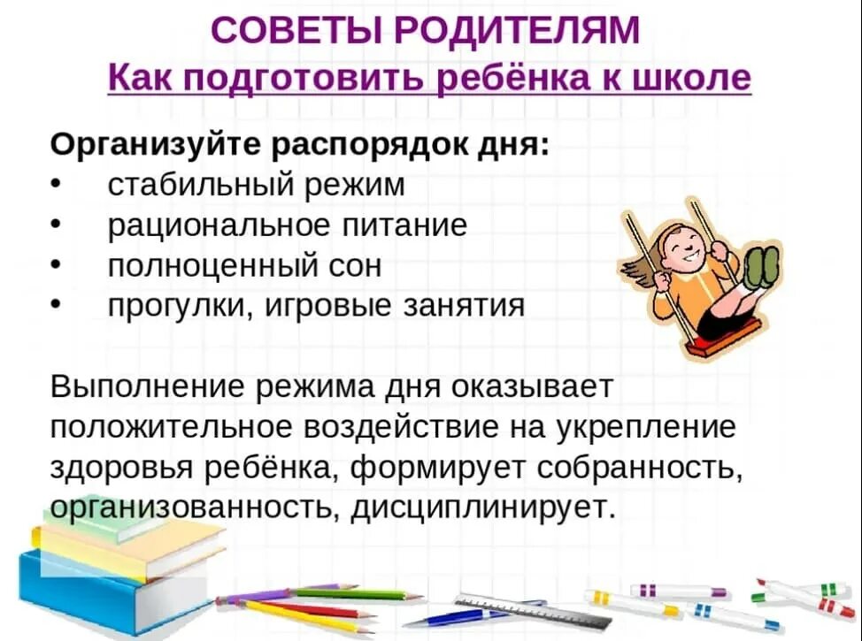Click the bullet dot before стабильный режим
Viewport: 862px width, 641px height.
56,185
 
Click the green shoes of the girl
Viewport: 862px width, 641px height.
761,265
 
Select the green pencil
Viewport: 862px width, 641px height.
354,593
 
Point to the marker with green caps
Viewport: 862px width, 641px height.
801,590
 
